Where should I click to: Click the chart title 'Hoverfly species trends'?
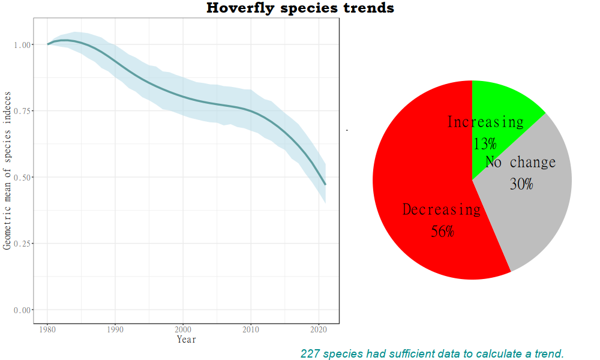(301, 8)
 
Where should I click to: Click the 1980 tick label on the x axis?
(48, 330)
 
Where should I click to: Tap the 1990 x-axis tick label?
(116, 330)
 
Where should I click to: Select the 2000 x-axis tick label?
(184, 330)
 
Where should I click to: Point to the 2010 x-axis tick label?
(251, 330)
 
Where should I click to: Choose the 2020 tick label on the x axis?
(319, 330)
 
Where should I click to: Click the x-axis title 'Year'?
(186, 340)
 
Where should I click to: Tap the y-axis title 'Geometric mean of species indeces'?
(7, 171)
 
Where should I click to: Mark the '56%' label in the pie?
(443, 232)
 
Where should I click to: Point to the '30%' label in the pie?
(521, 184)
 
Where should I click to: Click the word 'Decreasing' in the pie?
(441, 210)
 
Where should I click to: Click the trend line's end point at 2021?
(325, 184)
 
